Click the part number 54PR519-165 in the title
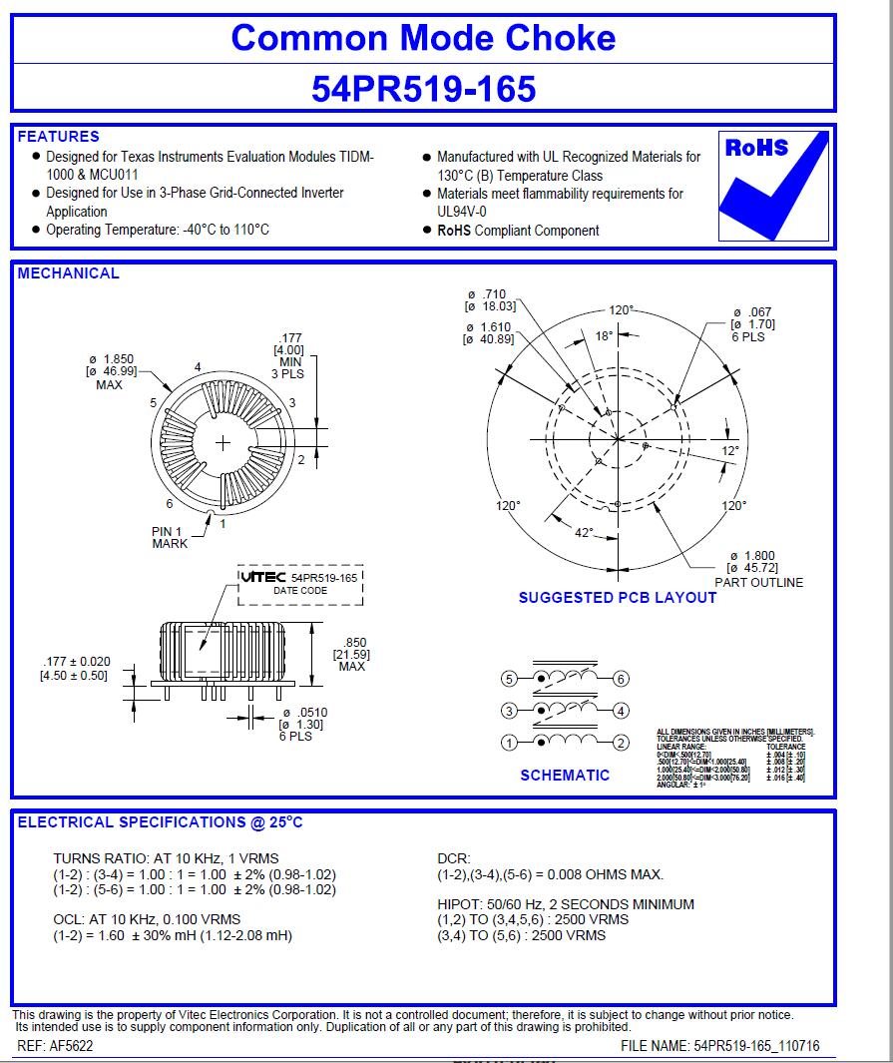(423, 89)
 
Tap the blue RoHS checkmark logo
(773, 186)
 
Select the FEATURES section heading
(59, 137)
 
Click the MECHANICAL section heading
(68, 273)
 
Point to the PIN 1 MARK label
(170, 537)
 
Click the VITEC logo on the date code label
(263, 577)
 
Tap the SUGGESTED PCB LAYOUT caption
(617, 598)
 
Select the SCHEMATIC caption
(565, 776)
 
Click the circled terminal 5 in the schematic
(509, 679)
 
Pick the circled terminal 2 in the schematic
(620, 742)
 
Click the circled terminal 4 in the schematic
(620, 711)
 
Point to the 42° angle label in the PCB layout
(583, 532)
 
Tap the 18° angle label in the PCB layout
(605, 336)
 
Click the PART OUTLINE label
(758, 583)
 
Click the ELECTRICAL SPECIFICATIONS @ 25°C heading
(160, 822)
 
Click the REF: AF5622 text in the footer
(55, 1046)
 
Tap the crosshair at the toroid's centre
(222, 442)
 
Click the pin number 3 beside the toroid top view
(291, 403)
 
